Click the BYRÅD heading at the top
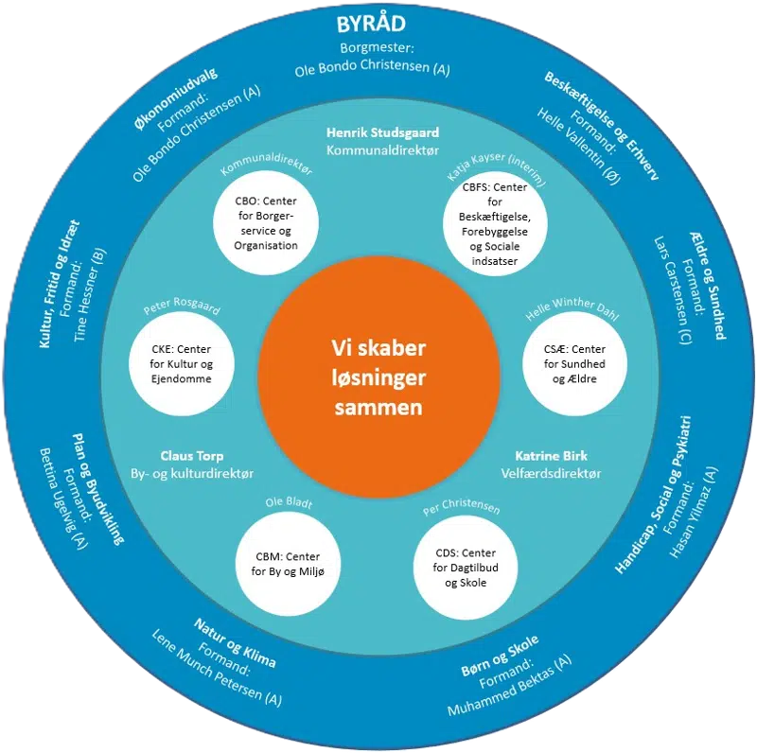click(x=378, y=25)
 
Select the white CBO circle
click(x=266, y=224)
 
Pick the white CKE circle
click(x=181, y=364)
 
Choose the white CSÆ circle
click(x=574, y=364)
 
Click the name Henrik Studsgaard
click(x=378, y=133)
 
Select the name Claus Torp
click(x=191, y=455)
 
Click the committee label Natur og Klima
click(x=235, y=642)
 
